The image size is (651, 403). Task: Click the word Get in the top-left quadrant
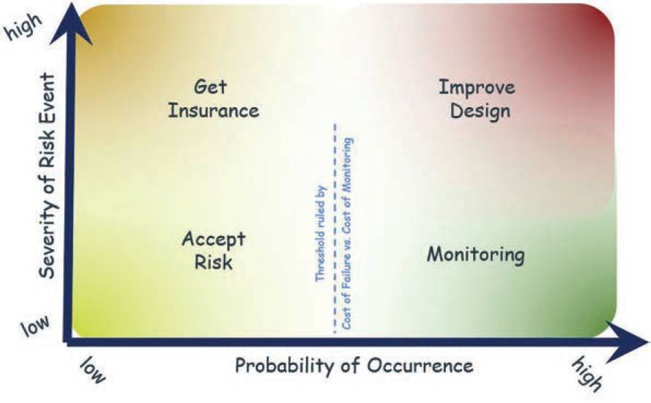point(210,87)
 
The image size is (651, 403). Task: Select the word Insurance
point(213,111)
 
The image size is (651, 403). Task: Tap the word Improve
point(477,88)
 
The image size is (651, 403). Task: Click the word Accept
point(213,240)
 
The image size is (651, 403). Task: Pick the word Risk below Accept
point(213,262)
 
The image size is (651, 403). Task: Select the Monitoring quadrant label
point(476,255)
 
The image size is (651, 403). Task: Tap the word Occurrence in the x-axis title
point(420,366)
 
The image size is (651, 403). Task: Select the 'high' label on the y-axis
point(24,26)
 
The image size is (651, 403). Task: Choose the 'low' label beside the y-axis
point(35,326)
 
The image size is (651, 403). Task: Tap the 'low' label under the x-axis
point(93,371)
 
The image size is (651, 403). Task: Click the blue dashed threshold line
point(335,228)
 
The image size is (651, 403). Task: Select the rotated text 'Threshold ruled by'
point(321,234)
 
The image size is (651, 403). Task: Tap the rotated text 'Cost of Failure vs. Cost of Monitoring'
point(347,234)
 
